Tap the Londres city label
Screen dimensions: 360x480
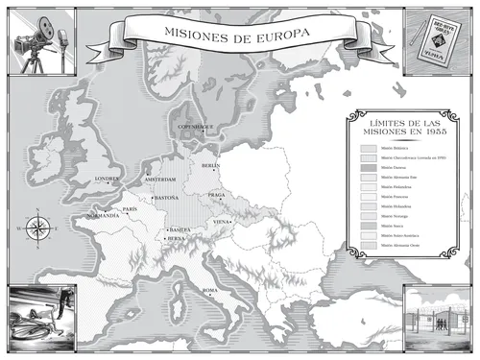click(107, 179)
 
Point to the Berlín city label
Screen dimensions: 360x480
click(211, 166)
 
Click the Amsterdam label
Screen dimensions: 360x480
click(160, 180)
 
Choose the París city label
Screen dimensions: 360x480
click(131, 208)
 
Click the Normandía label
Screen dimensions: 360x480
click(103, 217)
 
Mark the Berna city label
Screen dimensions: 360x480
click(176, 239)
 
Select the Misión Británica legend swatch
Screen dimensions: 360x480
click(369, 150)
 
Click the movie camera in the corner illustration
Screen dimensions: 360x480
click(35, 35)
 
